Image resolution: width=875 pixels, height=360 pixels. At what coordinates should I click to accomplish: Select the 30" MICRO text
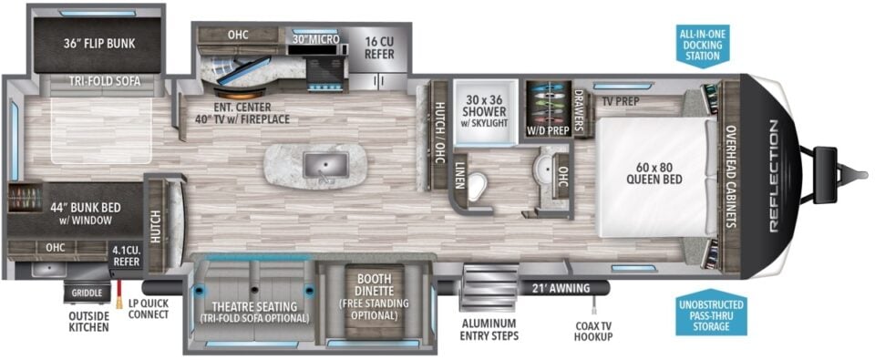[x=315, y=39]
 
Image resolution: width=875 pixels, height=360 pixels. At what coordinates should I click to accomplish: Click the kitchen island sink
[x=318, y=165]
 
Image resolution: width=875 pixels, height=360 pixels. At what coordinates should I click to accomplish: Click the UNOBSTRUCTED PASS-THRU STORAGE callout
[x=711, y=314]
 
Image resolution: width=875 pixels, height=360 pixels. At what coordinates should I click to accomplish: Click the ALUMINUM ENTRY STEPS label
[x=489, y=330]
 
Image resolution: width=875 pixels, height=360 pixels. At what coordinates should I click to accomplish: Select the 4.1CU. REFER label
[x=126, y=254]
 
